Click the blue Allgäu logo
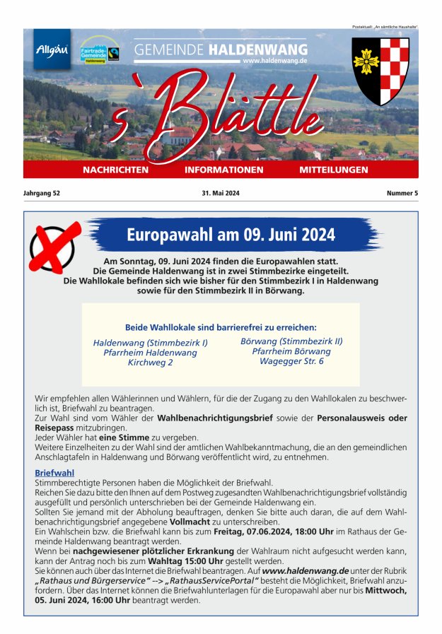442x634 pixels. click(x=52, y=49)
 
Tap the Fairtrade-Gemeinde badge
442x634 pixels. click(x=99, y=51)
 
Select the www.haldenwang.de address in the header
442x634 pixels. click(x=274, y=61)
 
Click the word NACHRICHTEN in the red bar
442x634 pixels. click(x=115, y=170)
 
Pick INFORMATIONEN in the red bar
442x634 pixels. click(x=223, y=170)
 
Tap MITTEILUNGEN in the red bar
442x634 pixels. click(x=334, y=170)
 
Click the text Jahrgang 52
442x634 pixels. click(x=42, y=193)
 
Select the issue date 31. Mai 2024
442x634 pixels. click(x=221, y=193)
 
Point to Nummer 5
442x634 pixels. click(x=402, y=193)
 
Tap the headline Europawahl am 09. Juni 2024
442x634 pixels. click(x=231, y=235)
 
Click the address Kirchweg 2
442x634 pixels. click(x=150, y=363)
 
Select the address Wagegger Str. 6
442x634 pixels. click(x=291, y=361)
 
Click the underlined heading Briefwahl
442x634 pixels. click(x=54, y=473)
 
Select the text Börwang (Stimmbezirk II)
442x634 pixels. click(x=291, y=341)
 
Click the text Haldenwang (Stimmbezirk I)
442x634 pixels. click(x=150, y=343)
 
